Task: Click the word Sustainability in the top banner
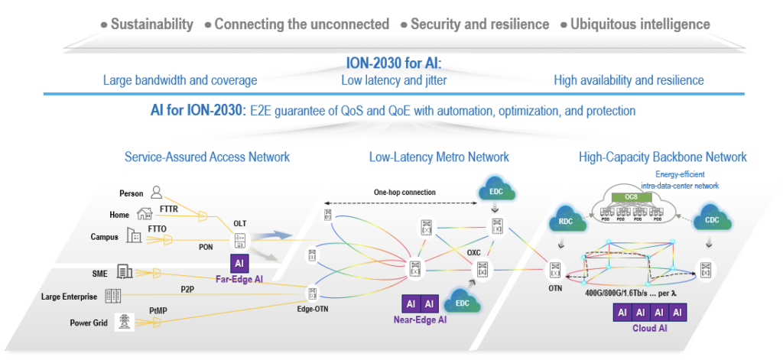[151, 24]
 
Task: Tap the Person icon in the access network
[157, 192]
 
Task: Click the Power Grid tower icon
[121, 322]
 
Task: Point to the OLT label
[240, 222]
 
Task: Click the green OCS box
[632, 196]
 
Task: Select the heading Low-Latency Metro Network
[438, 157]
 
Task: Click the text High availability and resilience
[628, 79]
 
